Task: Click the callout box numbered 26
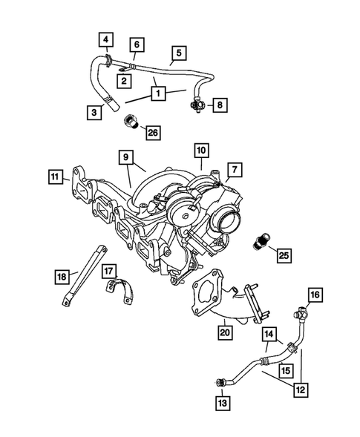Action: coord(152,133)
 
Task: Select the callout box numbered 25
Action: coord(283,256)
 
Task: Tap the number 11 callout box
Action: coord(55,177)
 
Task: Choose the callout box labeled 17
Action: coord(108,270)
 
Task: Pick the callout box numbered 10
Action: coord(201,151)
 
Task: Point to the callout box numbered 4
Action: coord(108,39)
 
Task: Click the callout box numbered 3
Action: coord(94,113)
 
